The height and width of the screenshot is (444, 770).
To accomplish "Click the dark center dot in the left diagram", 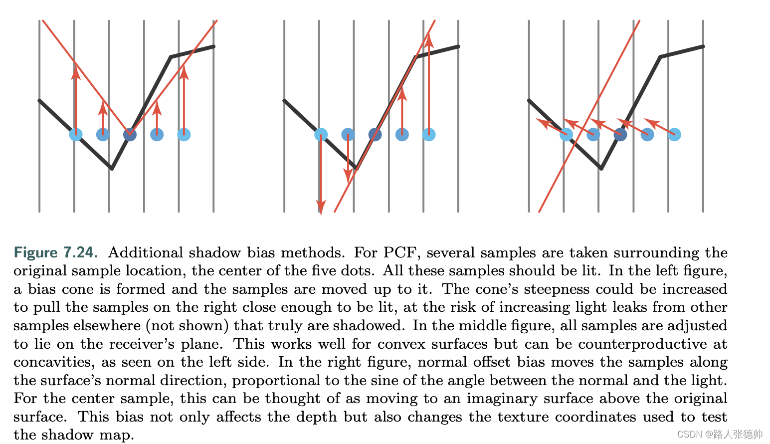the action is tap(130, 134).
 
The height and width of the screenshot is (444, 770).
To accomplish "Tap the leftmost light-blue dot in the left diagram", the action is tap(76, 134).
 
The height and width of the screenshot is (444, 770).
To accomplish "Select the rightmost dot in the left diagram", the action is tap(184, 134).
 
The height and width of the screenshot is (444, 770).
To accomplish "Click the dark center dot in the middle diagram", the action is tap(375, 134).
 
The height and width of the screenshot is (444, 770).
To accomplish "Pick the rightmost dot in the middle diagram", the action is tap(429, 134).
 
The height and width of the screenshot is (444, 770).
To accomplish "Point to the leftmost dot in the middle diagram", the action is tap(321, 134).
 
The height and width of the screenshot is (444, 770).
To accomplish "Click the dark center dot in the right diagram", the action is tap(620, 134).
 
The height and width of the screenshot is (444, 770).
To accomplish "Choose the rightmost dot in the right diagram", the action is tap(674, 134).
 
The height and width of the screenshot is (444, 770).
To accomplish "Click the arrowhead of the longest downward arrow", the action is tap(321, 207).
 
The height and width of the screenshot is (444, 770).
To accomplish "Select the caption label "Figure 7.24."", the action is tap(55, 252).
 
